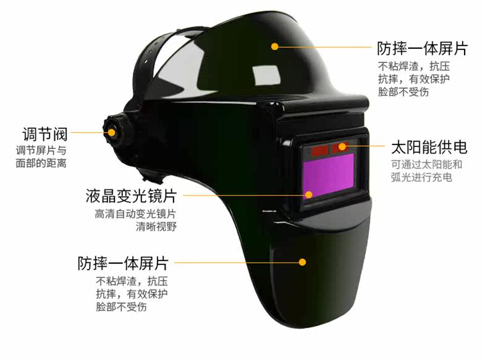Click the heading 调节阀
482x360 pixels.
coord(45,134)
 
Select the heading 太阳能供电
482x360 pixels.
coord(429,148)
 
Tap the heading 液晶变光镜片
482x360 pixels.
coord(131,196)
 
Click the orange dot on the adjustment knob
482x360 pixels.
coord(111,132)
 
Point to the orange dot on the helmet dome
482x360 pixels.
coord(275,46)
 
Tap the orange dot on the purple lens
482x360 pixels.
coord(308,194)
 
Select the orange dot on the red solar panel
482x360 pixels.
coord(342,146)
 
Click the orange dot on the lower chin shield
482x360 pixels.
coord(302,262)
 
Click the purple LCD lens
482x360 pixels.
coord(328,175)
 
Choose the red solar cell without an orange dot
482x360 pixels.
coord(319,151)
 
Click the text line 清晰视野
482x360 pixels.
coord(156,227)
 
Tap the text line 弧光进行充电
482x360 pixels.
coord(421,177)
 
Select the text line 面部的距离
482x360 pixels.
coord(41,163)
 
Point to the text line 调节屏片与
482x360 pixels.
coord(41,151)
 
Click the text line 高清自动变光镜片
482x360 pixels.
coord(135,214)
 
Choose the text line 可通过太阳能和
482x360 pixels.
coord(426,165)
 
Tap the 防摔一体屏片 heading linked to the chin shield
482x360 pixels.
coord(123,263)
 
